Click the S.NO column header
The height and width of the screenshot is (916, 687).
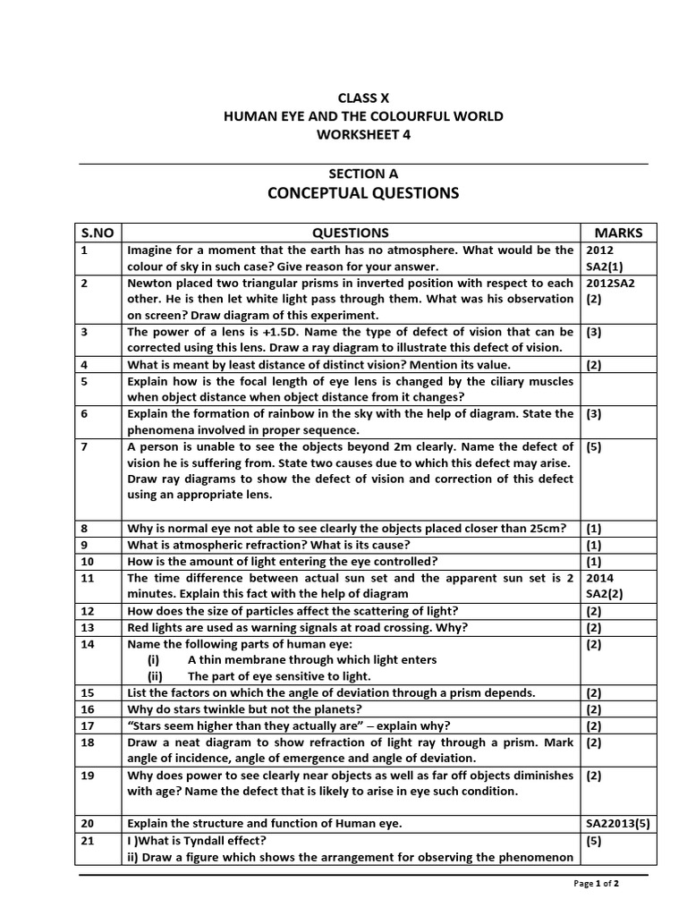point(98,233)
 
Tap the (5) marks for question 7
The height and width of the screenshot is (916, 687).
point(594,446)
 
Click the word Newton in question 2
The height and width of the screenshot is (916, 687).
point(152,283)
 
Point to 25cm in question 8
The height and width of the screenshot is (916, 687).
point(546,529)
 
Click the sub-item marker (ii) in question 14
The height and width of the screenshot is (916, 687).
point(155,676)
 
